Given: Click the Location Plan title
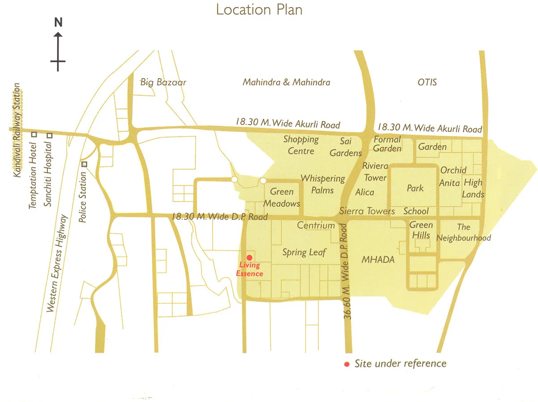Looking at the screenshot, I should pyautogui.click(x=259, y=9).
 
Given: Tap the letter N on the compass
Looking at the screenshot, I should pyautogui.click(x=58, y=22).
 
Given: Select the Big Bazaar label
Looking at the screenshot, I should pyautogui.click(x=163, y=82).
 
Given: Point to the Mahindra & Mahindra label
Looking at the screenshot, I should pyautogui.click(x=286, y=82).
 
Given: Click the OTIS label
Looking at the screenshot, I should pyautogui.click(x=427, y=82).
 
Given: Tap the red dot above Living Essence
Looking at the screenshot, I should pyautogui.click(x=249, y=258).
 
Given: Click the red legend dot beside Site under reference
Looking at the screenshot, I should pyautogui.click(x=346, y=364).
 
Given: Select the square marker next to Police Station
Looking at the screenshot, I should pyautogui.click(x=84, y=164).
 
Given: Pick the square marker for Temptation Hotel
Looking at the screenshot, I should pyautogui.click(x=34, y=135).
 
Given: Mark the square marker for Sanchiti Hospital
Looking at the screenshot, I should pyautogui.click(x=50, y=135).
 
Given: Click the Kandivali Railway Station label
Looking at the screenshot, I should pyautogui.click(x=17, y=130).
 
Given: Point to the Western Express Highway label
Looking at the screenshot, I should pyautogui.click(x=57, y=263).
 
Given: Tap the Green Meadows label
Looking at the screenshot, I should pyautogui.click(x=282, y=197).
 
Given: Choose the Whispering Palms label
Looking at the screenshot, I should pyautogui.click(x=323, y=184).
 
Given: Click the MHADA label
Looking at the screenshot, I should pyautogui.click(x=378, y=259).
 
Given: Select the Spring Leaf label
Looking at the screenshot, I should pyautogui.click(x=304, y=252).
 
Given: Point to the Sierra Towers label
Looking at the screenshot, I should pyautogui.click(x=367, y=211).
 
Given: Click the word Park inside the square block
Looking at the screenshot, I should pyautogui.click(x=415, y=188).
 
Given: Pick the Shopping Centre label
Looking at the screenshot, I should pyautogui.click(x=301, y=145).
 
